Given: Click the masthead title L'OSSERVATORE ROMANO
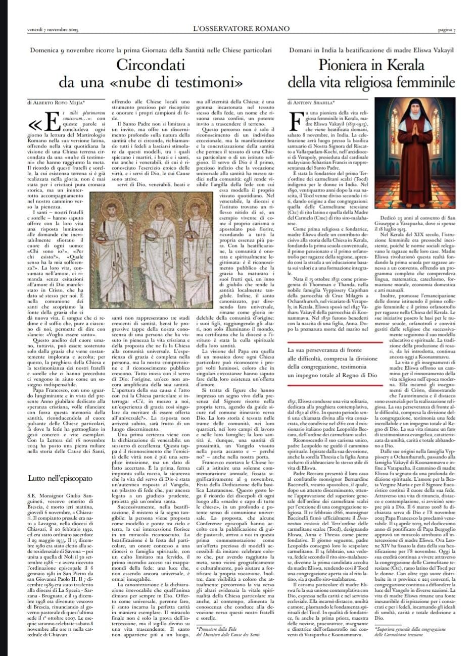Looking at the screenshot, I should [x=237, y=29].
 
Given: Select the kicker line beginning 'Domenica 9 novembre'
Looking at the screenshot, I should [x=151, y=51].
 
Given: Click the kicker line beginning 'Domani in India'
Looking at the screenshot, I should [x=371, y=51].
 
